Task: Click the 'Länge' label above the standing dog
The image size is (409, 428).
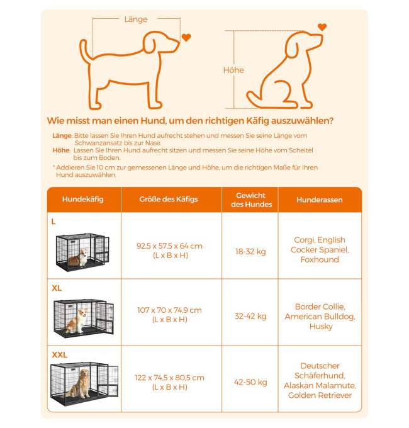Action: tap(136, 20)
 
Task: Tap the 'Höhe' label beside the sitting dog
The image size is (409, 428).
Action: tap(233, 70)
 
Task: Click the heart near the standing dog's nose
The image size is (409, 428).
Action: tap(186, 37)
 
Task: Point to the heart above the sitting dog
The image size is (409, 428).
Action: tap(322, 26)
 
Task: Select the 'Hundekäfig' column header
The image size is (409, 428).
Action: tap(82, 200)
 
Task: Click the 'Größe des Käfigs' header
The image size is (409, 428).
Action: tap(169, 200)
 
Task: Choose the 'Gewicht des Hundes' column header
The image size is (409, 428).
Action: tap(251, 200)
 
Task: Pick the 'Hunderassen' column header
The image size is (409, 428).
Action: tap(320, 200)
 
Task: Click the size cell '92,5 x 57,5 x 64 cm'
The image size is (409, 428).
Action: tap(169, 246)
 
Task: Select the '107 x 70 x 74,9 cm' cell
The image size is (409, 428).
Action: tap(169, 310)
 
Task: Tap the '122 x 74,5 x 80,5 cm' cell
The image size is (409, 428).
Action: tap(169, 378)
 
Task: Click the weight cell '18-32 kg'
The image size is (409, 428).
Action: tap(250, 251)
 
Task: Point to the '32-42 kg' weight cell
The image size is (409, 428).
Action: tap(250, 316)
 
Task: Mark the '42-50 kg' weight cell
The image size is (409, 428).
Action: tap(250, 382)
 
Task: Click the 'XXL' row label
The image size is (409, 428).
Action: tap(60, 355)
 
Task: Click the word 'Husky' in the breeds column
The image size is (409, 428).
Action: tap(321, 327)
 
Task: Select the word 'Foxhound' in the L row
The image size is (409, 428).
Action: tap(320, 259)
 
